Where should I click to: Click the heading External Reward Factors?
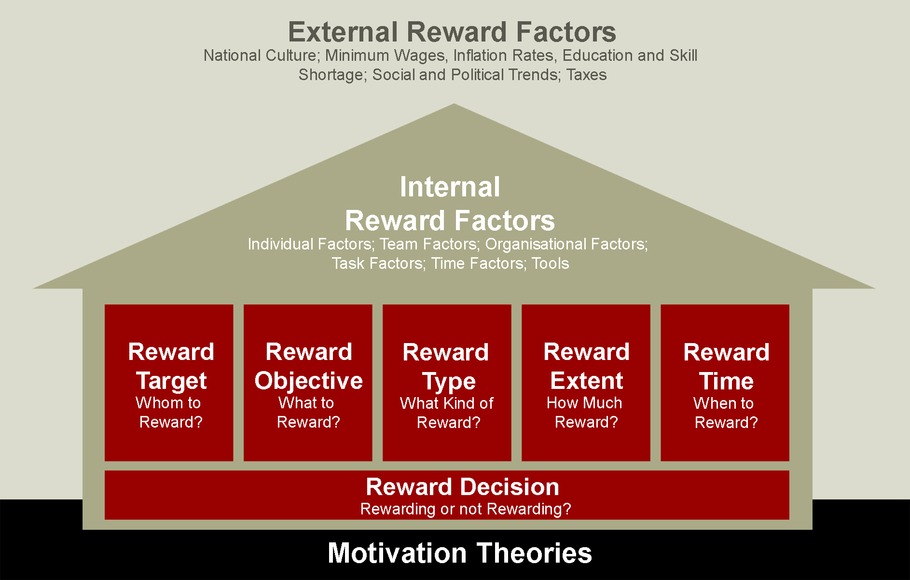tap(452, 32)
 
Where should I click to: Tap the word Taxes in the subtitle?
tap(586, 75)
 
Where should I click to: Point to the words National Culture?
tap(260, 55)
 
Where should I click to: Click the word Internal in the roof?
tap(450, 187)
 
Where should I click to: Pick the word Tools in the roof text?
tap(550, 263)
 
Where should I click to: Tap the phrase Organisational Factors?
tap(565, 244)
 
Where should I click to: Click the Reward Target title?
tap(171, 366)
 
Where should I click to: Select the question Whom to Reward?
tap(169, 413)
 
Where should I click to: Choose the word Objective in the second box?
tap(309, 381)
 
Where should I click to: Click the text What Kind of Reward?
tap(447, 413)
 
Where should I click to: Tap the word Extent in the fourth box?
tap(587, 381)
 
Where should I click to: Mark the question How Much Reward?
tap(585, 413)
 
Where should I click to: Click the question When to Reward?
tap(725, 413)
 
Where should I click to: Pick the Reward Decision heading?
tap(463, 486)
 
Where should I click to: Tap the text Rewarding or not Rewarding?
tap(466, 509)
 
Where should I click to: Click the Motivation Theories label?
tap(460, 553)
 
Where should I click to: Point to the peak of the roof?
tap(454, 104)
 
